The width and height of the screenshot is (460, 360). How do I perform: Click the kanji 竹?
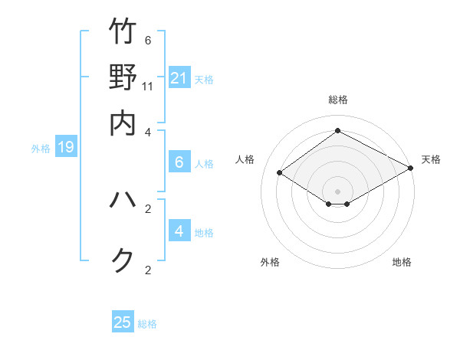[x=123, y=32]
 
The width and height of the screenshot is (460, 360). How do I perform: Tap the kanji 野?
[x=123, y=77]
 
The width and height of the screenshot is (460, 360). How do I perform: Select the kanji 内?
[x=123, y=123]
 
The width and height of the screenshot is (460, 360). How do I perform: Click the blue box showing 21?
[x=179, y=77]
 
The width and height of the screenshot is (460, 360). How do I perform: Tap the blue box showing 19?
[x=66, y=147]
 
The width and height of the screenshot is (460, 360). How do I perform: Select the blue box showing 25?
[x=123, y=322]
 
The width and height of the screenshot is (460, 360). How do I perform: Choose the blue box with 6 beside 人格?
[x=179, y=162]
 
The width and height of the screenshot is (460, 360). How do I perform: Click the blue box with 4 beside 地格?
[x=179, y=231]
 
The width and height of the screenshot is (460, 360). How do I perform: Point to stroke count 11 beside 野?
[x=148, y=87]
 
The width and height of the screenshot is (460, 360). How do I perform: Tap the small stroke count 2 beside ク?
[x=148, y=270]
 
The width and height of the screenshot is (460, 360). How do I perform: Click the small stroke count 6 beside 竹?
[x=148, y=41]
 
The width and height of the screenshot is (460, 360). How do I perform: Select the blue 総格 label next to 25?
[x=147, y=324]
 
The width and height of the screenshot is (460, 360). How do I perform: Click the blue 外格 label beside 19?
[x=41, y=149]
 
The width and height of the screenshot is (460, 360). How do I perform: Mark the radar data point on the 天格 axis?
[x=412, y=169]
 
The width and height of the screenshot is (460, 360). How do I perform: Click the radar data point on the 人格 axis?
[x=280, y=173]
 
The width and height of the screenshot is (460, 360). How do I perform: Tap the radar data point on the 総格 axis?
[x=337, y=130]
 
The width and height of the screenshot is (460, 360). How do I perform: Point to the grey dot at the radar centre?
[x=337, y=191]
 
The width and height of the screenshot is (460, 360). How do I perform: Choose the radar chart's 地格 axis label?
[x=402, y=263]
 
